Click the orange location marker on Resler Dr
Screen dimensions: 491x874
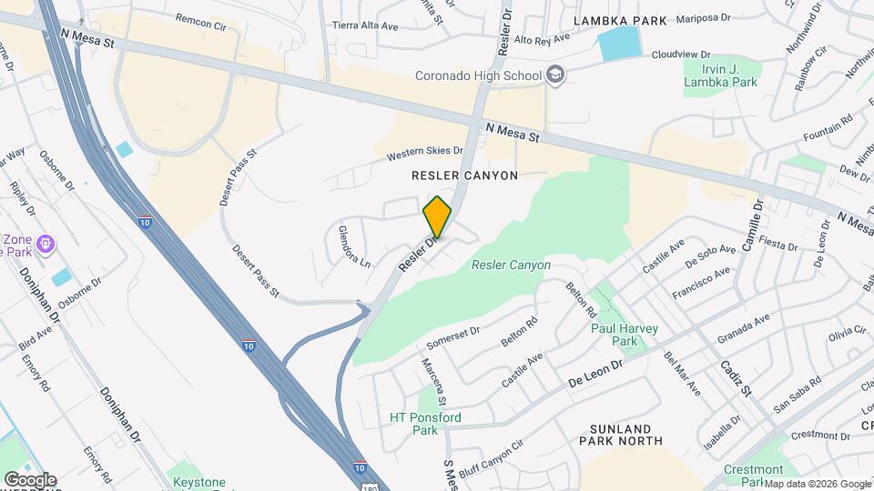pos(437,216)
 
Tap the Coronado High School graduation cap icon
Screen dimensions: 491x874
pos(554,76)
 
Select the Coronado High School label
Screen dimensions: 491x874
pos(478,75)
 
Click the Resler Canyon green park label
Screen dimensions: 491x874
pos(511,266)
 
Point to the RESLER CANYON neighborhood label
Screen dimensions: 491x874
pos(464,175)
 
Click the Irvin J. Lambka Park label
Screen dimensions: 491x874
pos(721,75)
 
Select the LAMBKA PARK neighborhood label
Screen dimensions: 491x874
pos(620,19)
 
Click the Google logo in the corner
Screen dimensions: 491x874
pos(29,480)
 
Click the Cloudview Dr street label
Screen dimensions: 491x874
pos(680,55)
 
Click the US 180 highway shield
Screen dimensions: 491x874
pos(361,482)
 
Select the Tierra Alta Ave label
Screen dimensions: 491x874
pos(365,26)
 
